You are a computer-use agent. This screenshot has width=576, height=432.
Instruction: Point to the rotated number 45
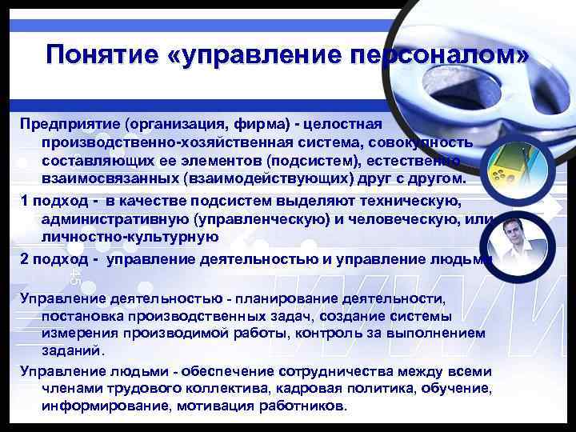75,276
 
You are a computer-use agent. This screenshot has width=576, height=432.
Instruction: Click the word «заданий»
73,350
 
